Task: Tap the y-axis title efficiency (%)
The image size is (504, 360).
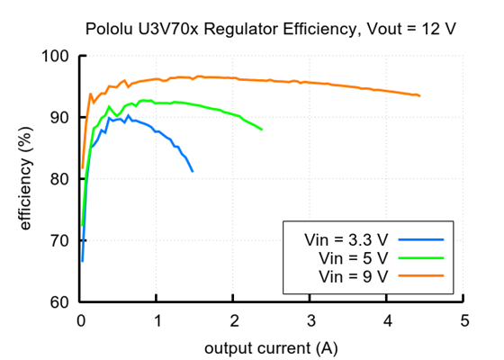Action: pos(26,180)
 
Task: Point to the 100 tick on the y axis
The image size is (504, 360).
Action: pos(56,56)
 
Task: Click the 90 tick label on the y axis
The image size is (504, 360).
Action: pos(59,117)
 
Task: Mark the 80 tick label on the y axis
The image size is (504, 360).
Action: pos(59,179)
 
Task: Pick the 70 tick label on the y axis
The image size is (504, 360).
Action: pos(59,240)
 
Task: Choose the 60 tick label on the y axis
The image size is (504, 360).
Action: pos(59,301)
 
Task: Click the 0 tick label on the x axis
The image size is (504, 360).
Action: pos(81,320)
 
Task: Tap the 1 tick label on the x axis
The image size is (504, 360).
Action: pos(157,320)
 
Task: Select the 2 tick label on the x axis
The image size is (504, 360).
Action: pos(234,320)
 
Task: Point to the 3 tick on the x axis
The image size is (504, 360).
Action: pos(310,320)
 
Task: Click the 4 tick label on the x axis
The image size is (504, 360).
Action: pos(387,320)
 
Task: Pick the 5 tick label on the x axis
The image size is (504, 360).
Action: pos(463,320)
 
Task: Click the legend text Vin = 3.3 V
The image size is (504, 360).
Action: pos(346,240)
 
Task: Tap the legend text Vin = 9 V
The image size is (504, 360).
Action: pos(354,276)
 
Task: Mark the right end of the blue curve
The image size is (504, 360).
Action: pos(193,171)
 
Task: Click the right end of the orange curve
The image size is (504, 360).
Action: pos(419,95)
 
